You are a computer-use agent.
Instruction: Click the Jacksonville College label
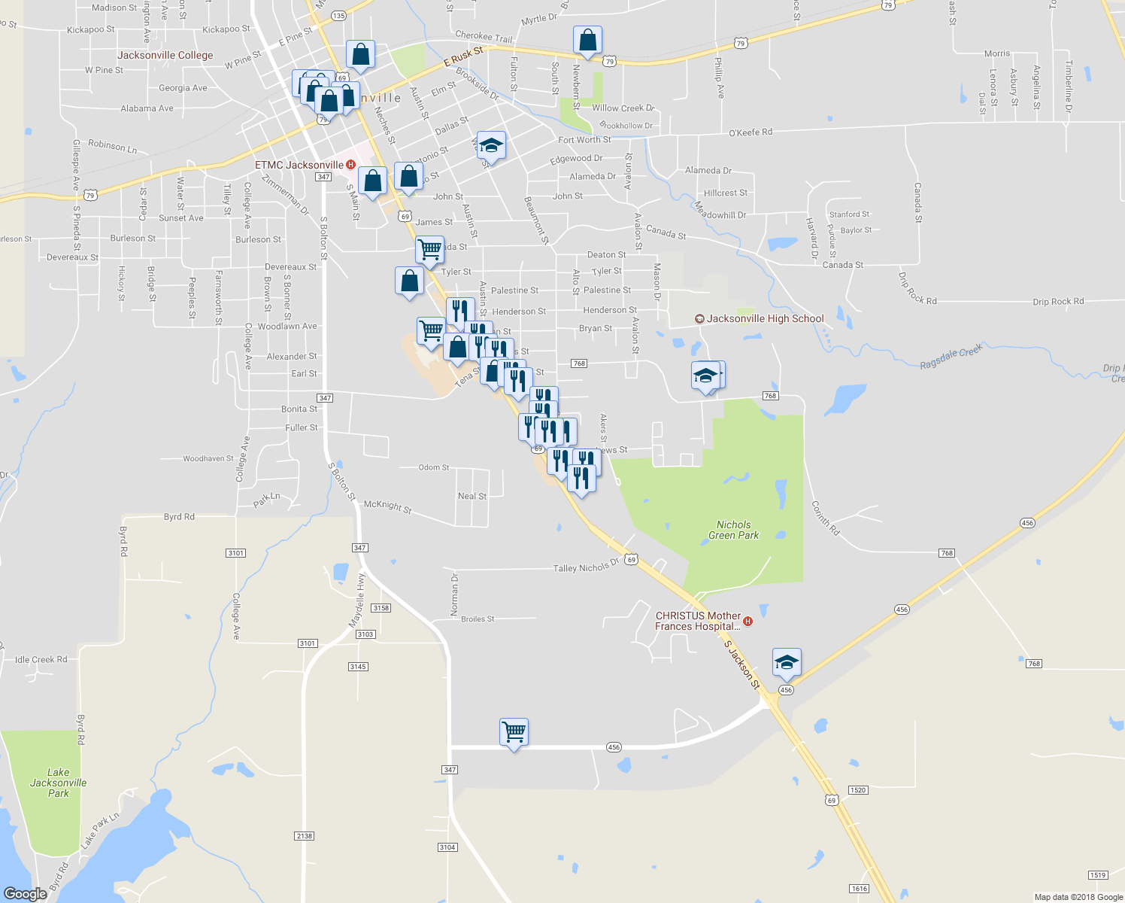(x=165, y=56)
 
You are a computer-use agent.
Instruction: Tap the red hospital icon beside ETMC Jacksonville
(x=350, y=165)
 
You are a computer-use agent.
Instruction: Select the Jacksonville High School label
(x=765, y=319)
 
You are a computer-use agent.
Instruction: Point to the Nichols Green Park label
(x=734, y=531)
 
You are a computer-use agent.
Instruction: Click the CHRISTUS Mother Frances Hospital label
(x=698, y=621)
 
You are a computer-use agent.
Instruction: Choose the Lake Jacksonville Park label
(x=58, y=783)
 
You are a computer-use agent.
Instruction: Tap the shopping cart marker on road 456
(x=514, y=732)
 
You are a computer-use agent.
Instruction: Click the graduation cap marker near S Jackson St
(x=787, y=663)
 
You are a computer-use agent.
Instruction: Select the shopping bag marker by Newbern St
(x=587, y=41)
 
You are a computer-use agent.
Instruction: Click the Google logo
(x=26, y=894)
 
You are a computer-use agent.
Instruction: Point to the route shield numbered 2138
(x=304, y=836)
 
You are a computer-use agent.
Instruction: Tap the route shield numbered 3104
(x=447, y=847)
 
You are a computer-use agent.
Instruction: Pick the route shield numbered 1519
(x=1098, y=875)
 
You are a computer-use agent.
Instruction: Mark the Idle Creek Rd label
(x=41, y=660)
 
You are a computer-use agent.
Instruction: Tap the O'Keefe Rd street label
(x=751, y=132)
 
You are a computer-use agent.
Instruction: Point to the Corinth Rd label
(x=825, y=518)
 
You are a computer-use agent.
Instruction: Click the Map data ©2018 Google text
(x=1078, y=897)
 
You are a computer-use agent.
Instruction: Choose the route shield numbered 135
(x=338, y=16)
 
